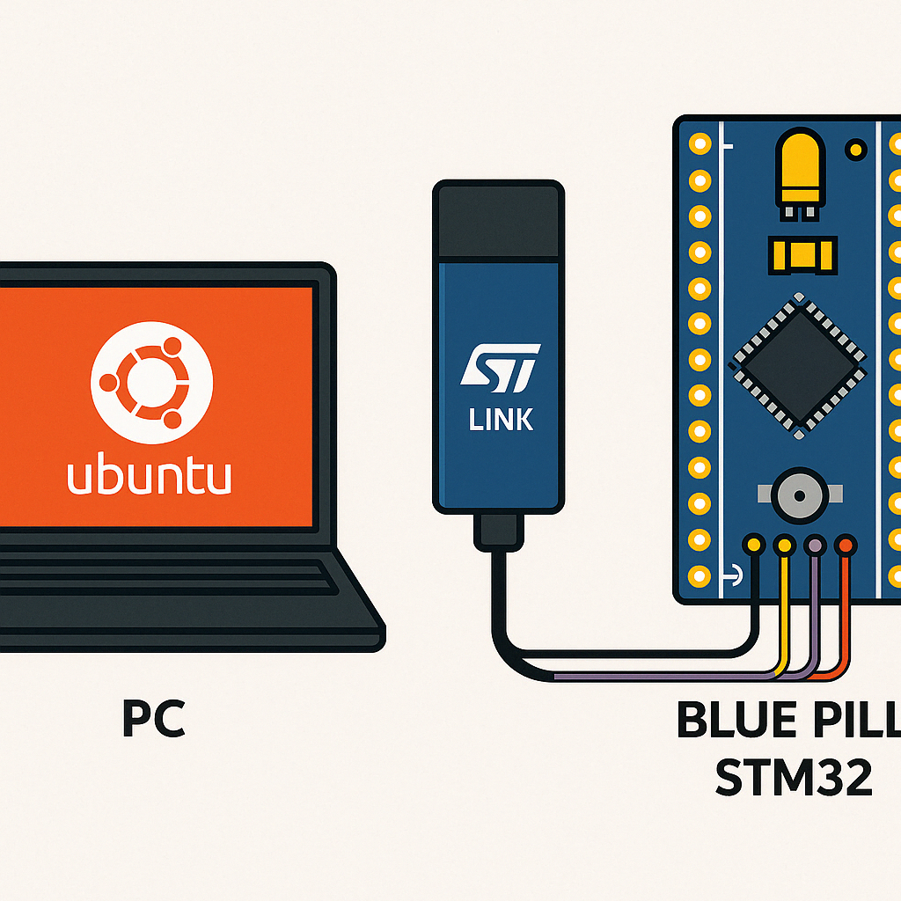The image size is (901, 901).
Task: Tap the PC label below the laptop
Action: point(154,719)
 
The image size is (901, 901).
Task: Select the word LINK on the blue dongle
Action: point(501,420)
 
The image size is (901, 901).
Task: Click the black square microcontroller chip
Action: point(797,366)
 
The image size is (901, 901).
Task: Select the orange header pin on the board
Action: point(846,546)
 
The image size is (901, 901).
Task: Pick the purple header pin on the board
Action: point(815,546)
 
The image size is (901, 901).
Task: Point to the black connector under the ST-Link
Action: point(499,531)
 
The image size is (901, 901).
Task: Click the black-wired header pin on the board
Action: point(753,546)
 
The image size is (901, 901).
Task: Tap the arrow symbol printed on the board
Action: point(730,577)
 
